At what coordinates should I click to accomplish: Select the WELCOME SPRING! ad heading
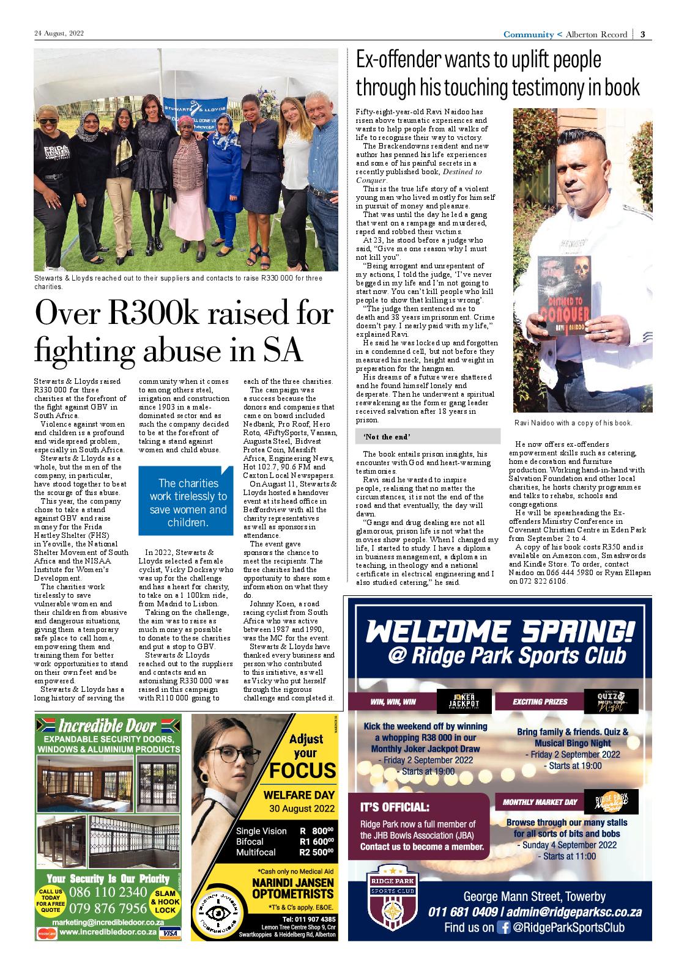click(x=500, y=631)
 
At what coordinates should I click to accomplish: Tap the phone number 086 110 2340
click(x=108, y=892)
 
